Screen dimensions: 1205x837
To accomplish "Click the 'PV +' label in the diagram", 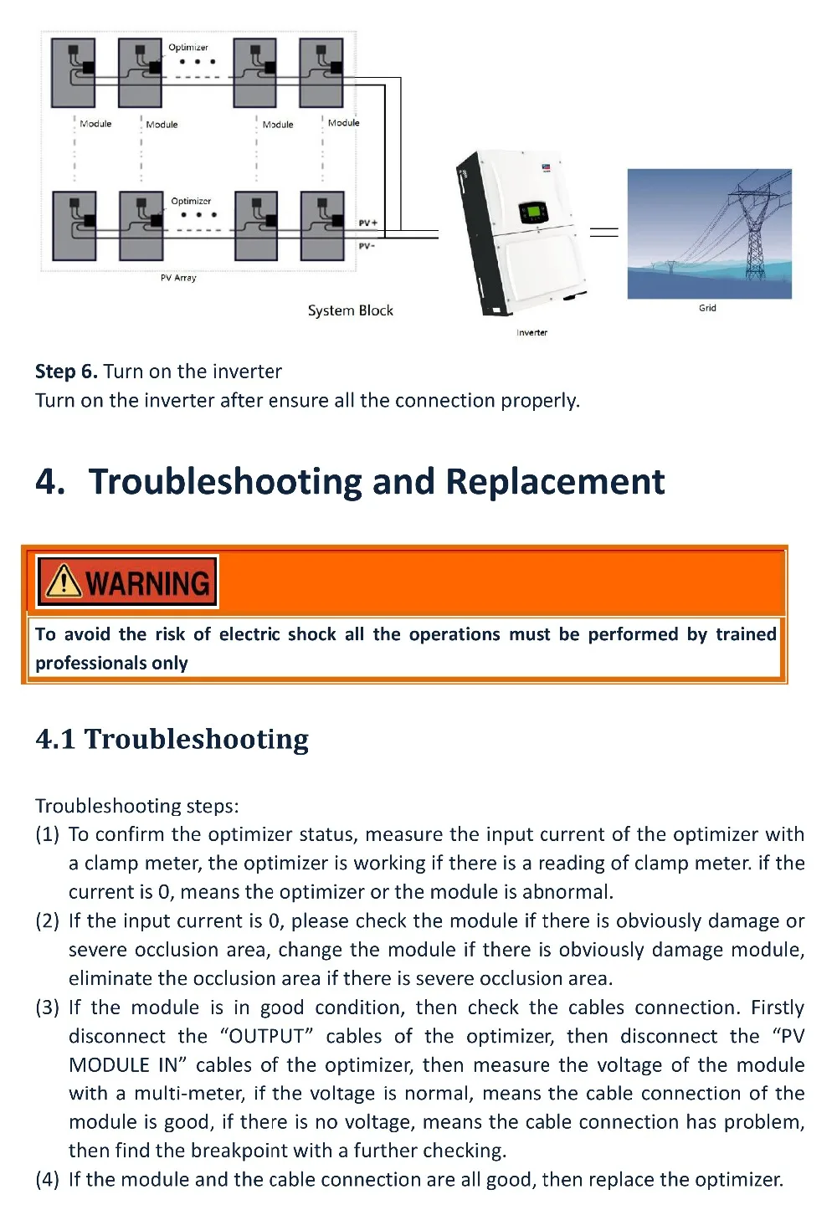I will (367, 223).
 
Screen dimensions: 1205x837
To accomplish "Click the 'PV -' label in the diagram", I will (367, 246).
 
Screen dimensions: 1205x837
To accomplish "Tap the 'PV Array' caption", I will (178, 278).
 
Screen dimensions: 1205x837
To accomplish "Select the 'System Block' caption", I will (350, 310).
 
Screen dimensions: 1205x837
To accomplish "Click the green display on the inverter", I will (532, 212).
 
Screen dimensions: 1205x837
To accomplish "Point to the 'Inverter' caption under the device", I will (531, 332).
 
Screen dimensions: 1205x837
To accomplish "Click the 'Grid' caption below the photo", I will (707, 308).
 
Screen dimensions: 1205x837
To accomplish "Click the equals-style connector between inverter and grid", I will (604, 231).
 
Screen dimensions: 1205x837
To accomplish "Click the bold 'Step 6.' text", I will (66, 372).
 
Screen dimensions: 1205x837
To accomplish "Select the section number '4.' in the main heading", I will (50, 482).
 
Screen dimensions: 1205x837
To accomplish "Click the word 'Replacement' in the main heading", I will (555, 482).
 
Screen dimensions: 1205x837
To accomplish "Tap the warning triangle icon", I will (64, 581).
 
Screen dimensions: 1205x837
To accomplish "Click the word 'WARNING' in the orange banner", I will (147, 582).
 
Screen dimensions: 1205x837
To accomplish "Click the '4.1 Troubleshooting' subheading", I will (172, 739).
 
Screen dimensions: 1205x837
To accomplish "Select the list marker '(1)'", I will (47, 834).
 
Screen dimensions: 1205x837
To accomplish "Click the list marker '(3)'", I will (47, 1008).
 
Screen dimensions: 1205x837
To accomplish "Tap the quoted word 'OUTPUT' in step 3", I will (267, 1036).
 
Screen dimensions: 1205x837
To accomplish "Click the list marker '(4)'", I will (47, 1179).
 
